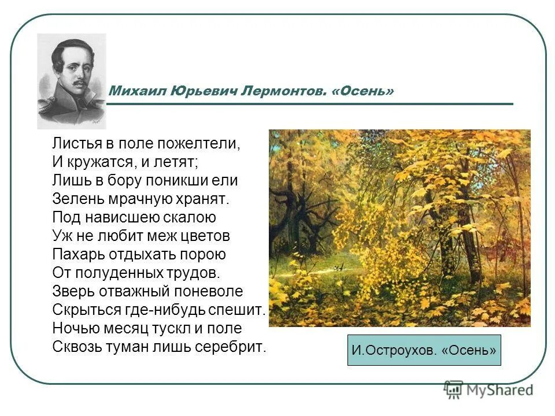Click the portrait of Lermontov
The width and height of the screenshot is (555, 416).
tap(72, 81)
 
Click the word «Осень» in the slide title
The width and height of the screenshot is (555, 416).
tap(364, 91)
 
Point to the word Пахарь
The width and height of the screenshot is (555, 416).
tap(75, 254)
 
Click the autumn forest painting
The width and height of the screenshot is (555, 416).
tap(399, 228)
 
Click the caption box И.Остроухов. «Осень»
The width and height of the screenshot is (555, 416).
tap(424, 350)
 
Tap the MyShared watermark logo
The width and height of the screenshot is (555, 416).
tap(489, 389)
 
